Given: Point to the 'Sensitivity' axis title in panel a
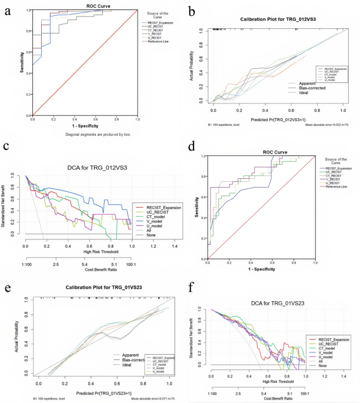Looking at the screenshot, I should (x=21, y=65).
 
